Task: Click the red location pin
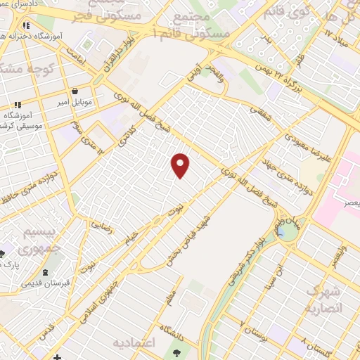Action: point(181,165)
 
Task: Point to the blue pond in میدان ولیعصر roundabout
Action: point(286,230)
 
